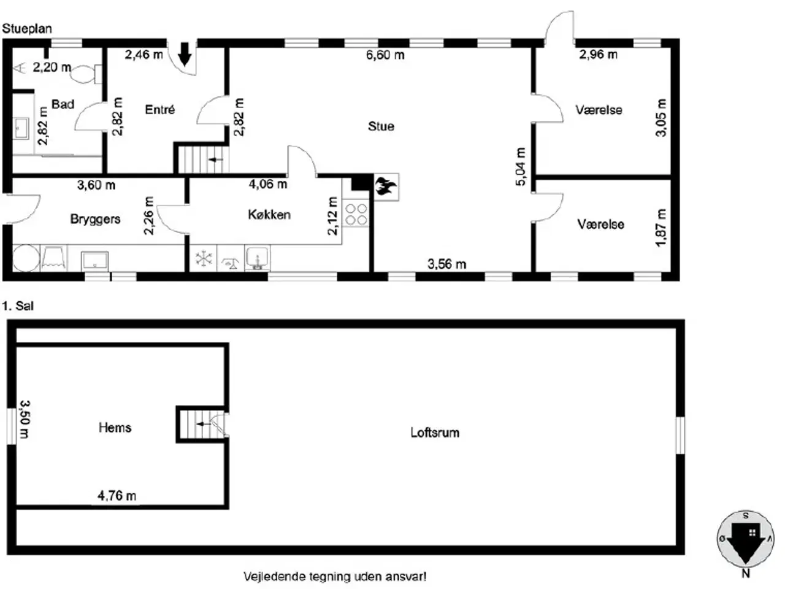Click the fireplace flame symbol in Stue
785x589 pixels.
point(386,187)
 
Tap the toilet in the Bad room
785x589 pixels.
point(86,74)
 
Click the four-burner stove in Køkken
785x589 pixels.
point(356,214)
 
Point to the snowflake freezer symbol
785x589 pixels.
point(204,258)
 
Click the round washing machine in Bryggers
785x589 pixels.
point(26,258)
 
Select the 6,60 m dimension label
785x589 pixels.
point(385,55)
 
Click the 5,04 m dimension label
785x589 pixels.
point(521,167)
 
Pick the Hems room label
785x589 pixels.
point(115,428)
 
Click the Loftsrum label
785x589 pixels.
point(435,433)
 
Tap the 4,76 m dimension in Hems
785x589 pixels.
point(117,496)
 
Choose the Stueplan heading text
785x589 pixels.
point(27,29)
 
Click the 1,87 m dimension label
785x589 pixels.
point(661,228)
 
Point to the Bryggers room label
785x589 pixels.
point(95,219)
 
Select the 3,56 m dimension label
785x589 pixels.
point(446,264)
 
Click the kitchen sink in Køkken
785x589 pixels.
point(258,258)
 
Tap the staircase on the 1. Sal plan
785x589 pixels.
point(202,424)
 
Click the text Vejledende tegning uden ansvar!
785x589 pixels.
point(335,577)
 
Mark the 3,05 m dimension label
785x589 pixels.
point(661,118)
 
